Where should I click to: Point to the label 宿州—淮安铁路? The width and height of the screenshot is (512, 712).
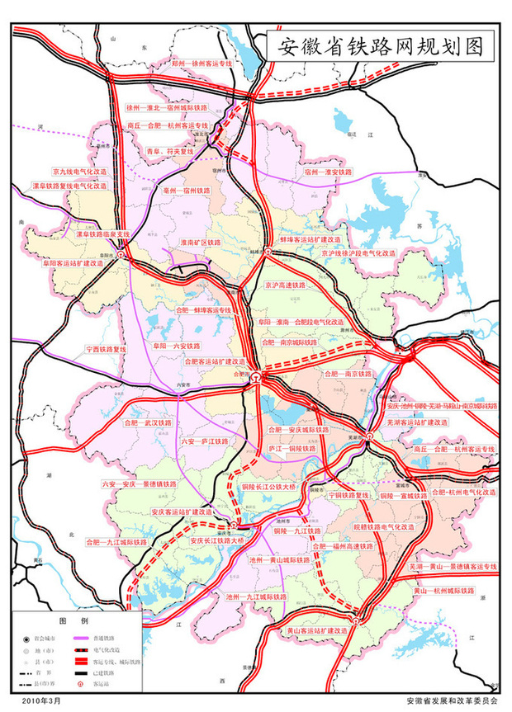(328, 172)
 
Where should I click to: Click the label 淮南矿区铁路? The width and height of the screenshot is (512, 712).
(201, 243)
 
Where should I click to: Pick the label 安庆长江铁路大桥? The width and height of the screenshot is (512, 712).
(218, 540)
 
